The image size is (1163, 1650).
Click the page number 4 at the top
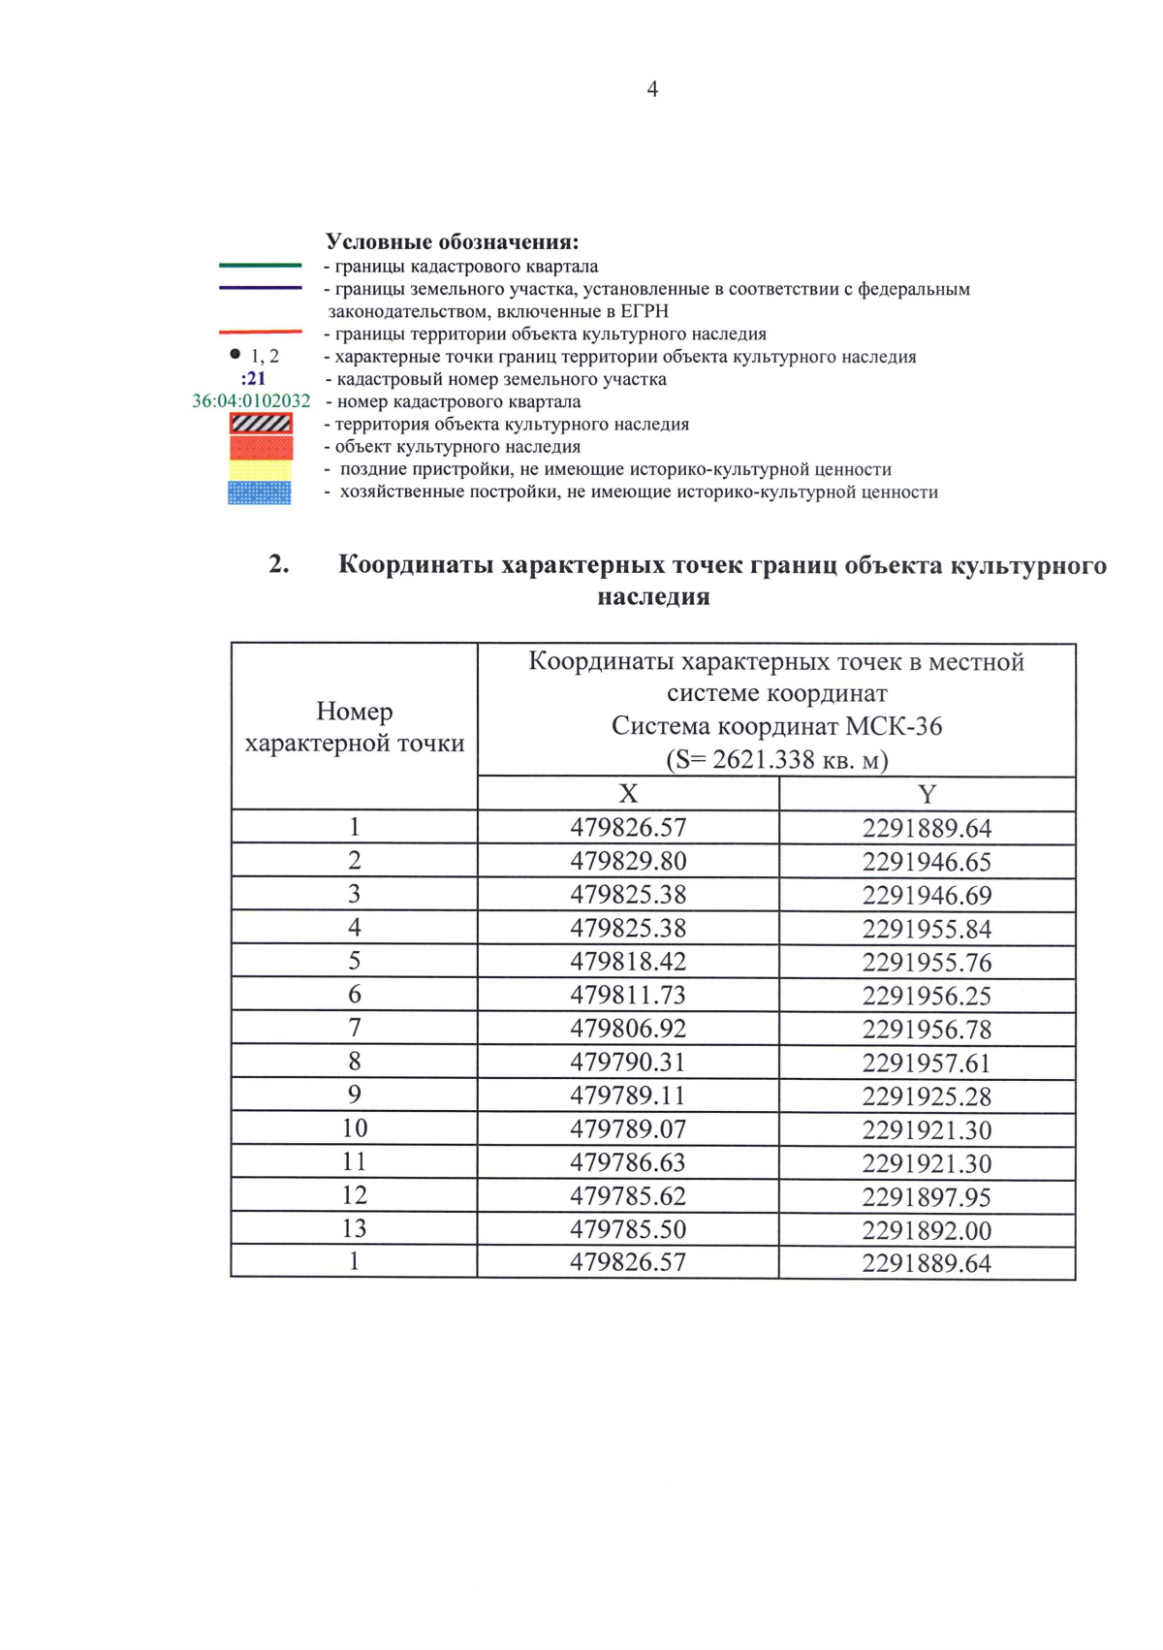652,89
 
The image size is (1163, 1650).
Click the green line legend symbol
260,266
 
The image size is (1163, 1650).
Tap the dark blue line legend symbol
260,288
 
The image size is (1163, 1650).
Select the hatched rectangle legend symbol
261,424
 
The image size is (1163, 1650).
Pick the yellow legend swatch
260,470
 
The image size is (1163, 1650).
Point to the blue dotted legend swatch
260,493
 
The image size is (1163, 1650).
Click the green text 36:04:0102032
251,401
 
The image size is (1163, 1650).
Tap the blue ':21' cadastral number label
253,379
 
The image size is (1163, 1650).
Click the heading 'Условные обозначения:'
452,241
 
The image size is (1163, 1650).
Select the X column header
628,794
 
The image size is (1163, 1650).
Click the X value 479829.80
628,861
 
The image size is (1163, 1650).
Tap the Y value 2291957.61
927,1063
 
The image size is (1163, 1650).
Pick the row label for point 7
355,1028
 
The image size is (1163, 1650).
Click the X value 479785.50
628,1229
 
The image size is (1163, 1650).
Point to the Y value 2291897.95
927,1197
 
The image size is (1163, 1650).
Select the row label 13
355,1228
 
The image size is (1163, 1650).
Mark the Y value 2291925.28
927,1096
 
